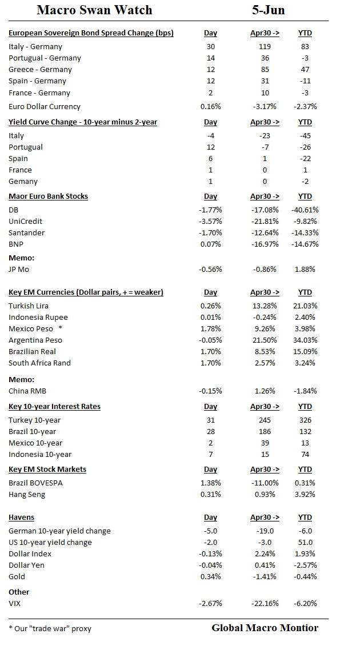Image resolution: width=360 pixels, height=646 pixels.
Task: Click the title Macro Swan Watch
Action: (x=94, y=10)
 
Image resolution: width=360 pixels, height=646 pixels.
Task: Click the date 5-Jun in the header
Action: (x=268, y=10)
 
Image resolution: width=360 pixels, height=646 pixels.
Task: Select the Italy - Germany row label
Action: (x=35, y=47)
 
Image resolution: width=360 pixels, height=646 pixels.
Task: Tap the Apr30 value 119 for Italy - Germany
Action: (x=265, y=47)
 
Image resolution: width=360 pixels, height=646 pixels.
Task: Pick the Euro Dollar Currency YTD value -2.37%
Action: (x=305, y=107)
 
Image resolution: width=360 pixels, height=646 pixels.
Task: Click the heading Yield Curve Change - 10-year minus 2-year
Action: (x=83, y=122)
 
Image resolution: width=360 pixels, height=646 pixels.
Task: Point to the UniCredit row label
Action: (x=25, y=222)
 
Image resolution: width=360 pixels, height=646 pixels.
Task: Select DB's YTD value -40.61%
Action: (x=305, y=210)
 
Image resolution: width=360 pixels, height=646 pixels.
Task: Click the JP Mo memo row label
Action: (x=21, y=270)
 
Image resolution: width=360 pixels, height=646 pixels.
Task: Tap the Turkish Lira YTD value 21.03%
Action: (x=305, y=306)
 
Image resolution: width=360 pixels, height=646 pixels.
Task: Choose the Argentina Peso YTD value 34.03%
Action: (x=305, y=340)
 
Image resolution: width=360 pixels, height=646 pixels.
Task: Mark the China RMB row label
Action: (x=27, y=391)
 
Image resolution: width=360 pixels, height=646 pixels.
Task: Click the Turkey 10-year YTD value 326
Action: (x=305, y=420)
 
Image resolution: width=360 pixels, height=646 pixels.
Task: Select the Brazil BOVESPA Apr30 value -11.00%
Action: (x=265, y=483)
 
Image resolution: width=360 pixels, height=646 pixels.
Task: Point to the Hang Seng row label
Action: (x=27, y=495)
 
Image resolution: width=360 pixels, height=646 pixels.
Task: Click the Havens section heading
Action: (x=21, y=517)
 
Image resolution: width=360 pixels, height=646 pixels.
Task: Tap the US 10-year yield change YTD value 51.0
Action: (x=305, y=543)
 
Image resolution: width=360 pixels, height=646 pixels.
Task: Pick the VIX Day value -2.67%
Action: (x=210, y=604)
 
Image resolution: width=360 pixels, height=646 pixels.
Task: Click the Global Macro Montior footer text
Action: (x=265, y=628)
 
